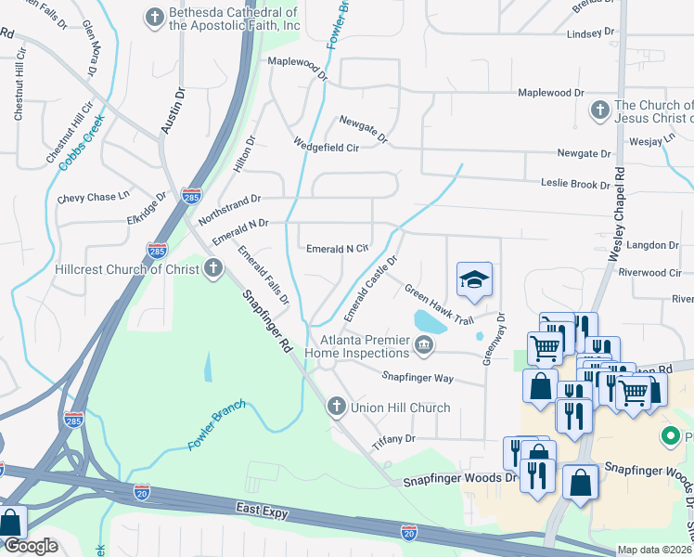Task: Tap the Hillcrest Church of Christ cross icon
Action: pos(214,269)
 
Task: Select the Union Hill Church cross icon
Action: pos(337,407)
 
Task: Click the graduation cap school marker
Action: pos(474,279)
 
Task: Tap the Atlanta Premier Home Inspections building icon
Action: pos(424,346)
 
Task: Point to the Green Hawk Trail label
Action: pos(440,304)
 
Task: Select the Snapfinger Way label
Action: pos(418,377)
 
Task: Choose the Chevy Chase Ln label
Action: pos(93,198)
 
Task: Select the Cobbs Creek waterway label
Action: pos(82,141)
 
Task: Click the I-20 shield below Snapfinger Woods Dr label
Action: pos(408,529)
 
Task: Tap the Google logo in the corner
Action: pos(31,546)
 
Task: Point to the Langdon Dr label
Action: pos(653,245)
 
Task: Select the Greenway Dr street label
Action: pos(491,337)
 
